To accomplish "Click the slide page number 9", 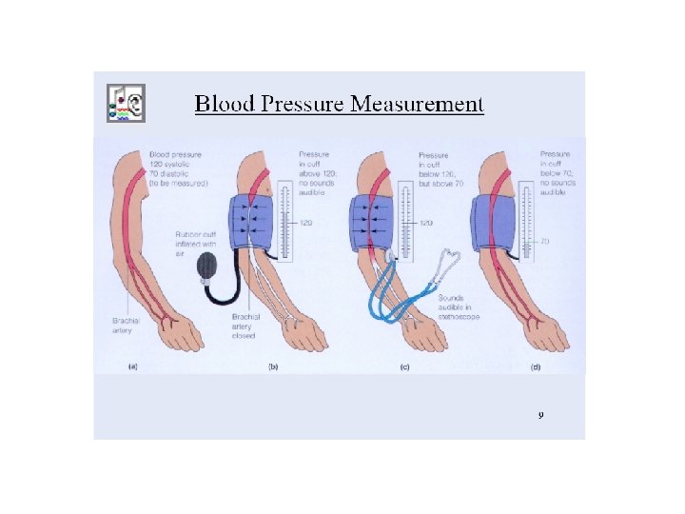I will [x=540, y=415].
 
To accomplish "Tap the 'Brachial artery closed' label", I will [x=244, y=326].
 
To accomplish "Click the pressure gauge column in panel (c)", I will [x=406, y=219].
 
